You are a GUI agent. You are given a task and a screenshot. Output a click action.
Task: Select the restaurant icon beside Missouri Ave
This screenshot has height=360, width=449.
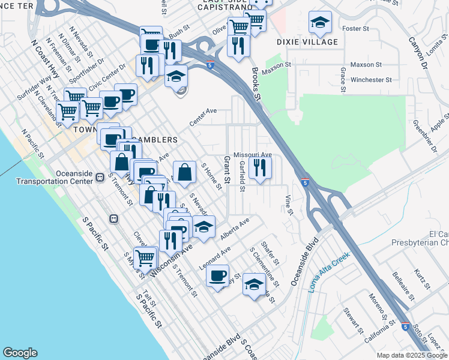[x=259, y=166]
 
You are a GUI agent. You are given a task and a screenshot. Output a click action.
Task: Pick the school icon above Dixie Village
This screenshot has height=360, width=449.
[x=320, y=23]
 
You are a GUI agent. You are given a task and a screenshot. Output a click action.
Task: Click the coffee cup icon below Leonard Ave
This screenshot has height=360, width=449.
[x=217, y=276]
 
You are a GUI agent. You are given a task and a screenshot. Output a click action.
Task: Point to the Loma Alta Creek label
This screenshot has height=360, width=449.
[x=330, y=272]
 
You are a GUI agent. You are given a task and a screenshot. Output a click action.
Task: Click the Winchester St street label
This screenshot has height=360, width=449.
[x=371, y=79]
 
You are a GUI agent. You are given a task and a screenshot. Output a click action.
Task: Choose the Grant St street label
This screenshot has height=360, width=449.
[x=227, y=170]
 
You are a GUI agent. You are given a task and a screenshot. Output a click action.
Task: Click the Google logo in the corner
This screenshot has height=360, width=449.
[x=20, y=353]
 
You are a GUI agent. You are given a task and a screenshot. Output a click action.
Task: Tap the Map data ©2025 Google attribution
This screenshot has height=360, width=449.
[x=412, y=355]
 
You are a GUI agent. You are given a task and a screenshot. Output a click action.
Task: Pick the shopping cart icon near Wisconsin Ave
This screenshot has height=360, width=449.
[x=145, y=257]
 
